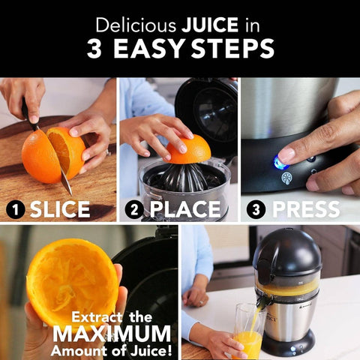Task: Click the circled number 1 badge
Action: pos(14,210)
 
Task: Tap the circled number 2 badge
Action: pos(134,210)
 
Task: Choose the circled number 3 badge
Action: pos(256,210)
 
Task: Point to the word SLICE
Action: pos(61,210)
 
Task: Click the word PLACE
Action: pos(184,210)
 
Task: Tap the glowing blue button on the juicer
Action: pos(280,161)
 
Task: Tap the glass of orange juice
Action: pos(247,337)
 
